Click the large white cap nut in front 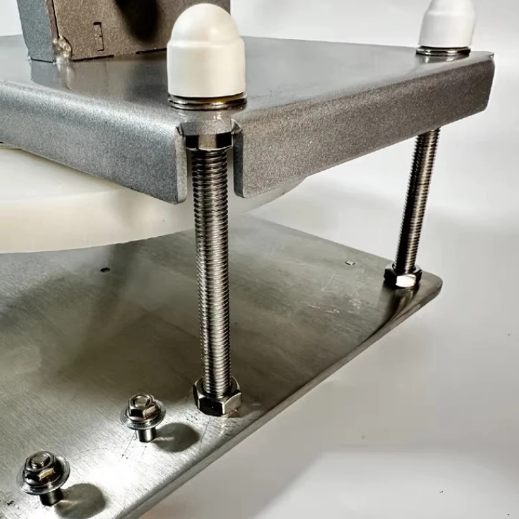[x=205, y=52]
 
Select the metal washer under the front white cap [x=208, y=101]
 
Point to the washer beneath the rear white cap [x=444, y=51]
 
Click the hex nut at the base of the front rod [x=217, y=396]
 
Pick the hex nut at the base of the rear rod [x=403, y=276]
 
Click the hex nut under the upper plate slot [x=206, y=137]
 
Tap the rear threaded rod [x=418, y=195]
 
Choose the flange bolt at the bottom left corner [x=43, y=473]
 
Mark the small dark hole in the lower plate [x=105, y=269]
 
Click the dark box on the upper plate [x=117, y=26]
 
